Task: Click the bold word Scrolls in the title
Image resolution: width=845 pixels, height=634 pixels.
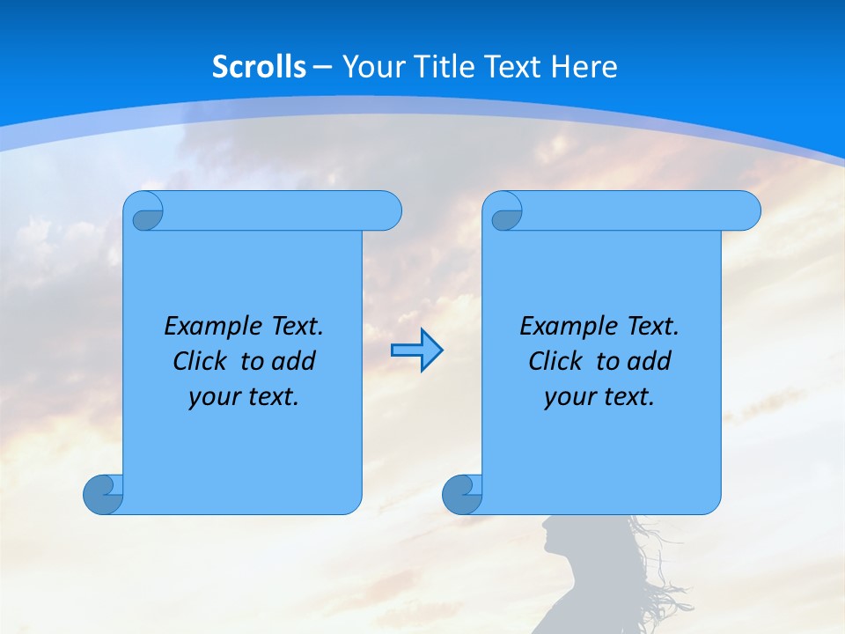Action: click(x=259, y=67)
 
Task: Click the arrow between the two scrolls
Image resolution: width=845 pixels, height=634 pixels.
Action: click(x=416, y=350)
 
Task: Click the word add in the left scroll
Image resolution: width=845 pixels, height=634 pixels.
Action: click(x=294, y=361)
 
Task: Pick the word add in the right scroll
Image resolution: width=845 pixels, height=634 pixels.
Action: click(x=650, y=361)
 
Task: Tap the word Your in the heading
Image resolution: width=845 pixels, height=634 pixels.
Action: click(x=368, y=67)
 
